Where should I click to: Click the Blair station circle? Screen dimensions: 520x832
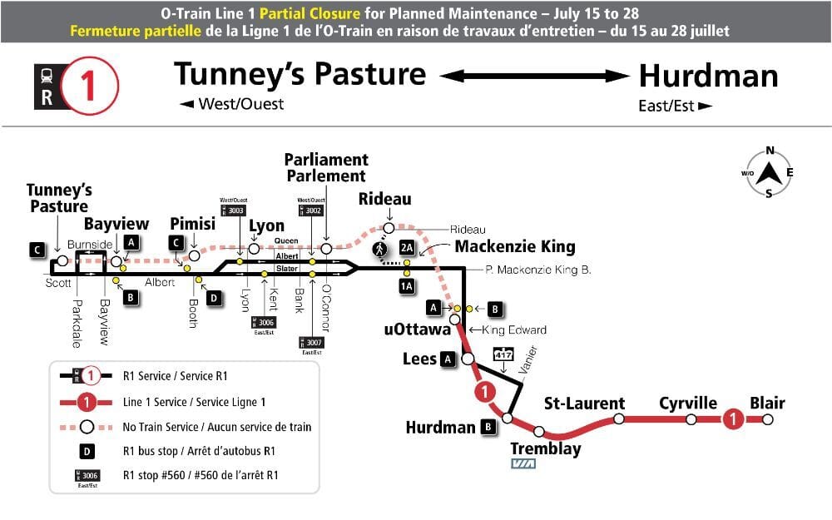pyautogui.click(x=767, y=419)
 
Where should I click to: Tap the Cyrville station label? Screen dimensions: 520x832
pyautogui.click(x=688, y=404)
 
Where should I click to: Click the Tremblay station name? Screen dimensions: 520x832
pyautogui.click(x=545, y=449)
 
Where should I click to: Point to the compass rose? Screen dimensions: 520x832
pyautogui.click(x=770, y=173)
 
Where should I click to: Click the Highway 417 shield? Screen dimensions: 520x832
pyautogui.click(x=503, y=354)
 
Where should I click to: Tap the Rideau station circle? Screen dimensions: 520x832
pyautogui.click(x=389, y=228)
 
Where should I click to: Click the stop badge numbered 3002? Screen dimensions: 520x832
pyautogui.click(x=313, y=211)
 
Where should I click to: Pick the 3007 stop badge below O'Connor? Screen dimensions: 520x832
pyautogui.click(x=312, y=342)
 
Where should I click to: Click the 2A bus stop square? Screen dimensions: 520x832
pyautogui.click(x=406, y=248)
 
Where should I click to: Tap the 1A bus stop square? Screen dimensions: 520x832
pyautogui.click(x=406, y=287)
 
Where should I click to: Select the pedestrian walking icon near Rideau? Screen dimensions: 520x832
pyautogui.click(x=379, y=248)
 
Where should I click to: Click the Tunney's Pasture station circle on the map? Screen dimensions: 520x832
pyautogui.click(x=62, y=261)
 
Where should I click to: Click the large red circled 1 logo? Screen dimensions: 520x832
pyautogui.click(x=92, y=84)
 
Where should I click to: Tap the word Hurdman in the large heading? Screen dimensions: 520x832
pyautogui.click(x=708, y=77)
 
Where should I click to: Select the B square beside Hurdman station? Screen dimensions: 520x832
pyautogui.click(x=488, y=428)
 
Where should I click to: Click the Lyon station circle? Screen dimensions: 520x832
pyautogui.click(x=254, y=248)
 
